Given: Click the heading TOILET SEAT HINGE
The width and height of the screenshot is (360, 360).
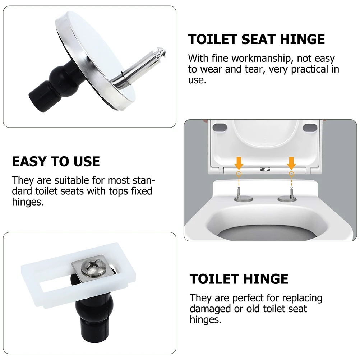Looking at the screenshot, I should [x=257, y=39].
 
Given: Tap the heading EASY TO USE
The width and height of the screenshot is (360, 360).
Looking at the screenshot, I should [x=56, y=161].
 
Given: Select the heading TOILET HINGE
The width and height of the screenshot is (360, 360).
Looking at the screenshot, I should [x=239, y=279].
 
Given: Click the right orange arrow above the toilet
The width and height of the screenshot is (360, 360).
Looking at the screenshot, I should [x=291, y=163].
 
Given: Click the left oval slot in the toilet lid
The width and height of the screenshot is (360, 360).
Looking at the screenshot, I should [x=219, y=127].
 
